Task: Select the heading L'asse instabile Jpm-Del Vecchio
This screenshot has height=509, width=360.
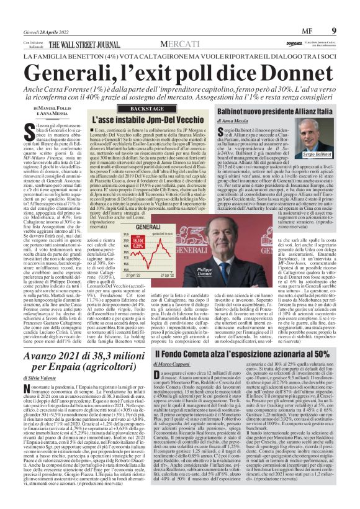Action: click(140, 119)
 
